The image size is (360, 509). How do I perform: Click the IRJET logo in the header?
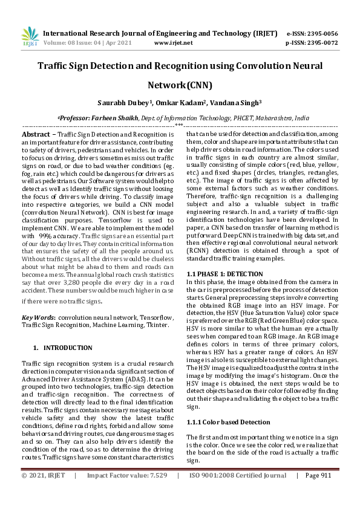(30, 37)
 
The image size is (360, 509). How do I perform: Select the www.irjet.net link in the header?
(174, 43)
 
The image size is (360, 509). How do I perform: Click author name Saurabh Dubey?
(123, 102)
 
